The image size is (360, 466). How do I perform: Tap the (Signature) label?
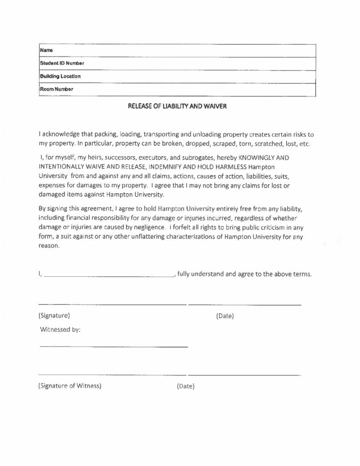coord(54,315)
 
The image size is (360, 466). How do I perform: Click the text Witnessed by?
coord(60,330)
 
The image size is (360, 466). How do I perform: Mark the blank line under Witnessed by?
coord(114,347)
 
